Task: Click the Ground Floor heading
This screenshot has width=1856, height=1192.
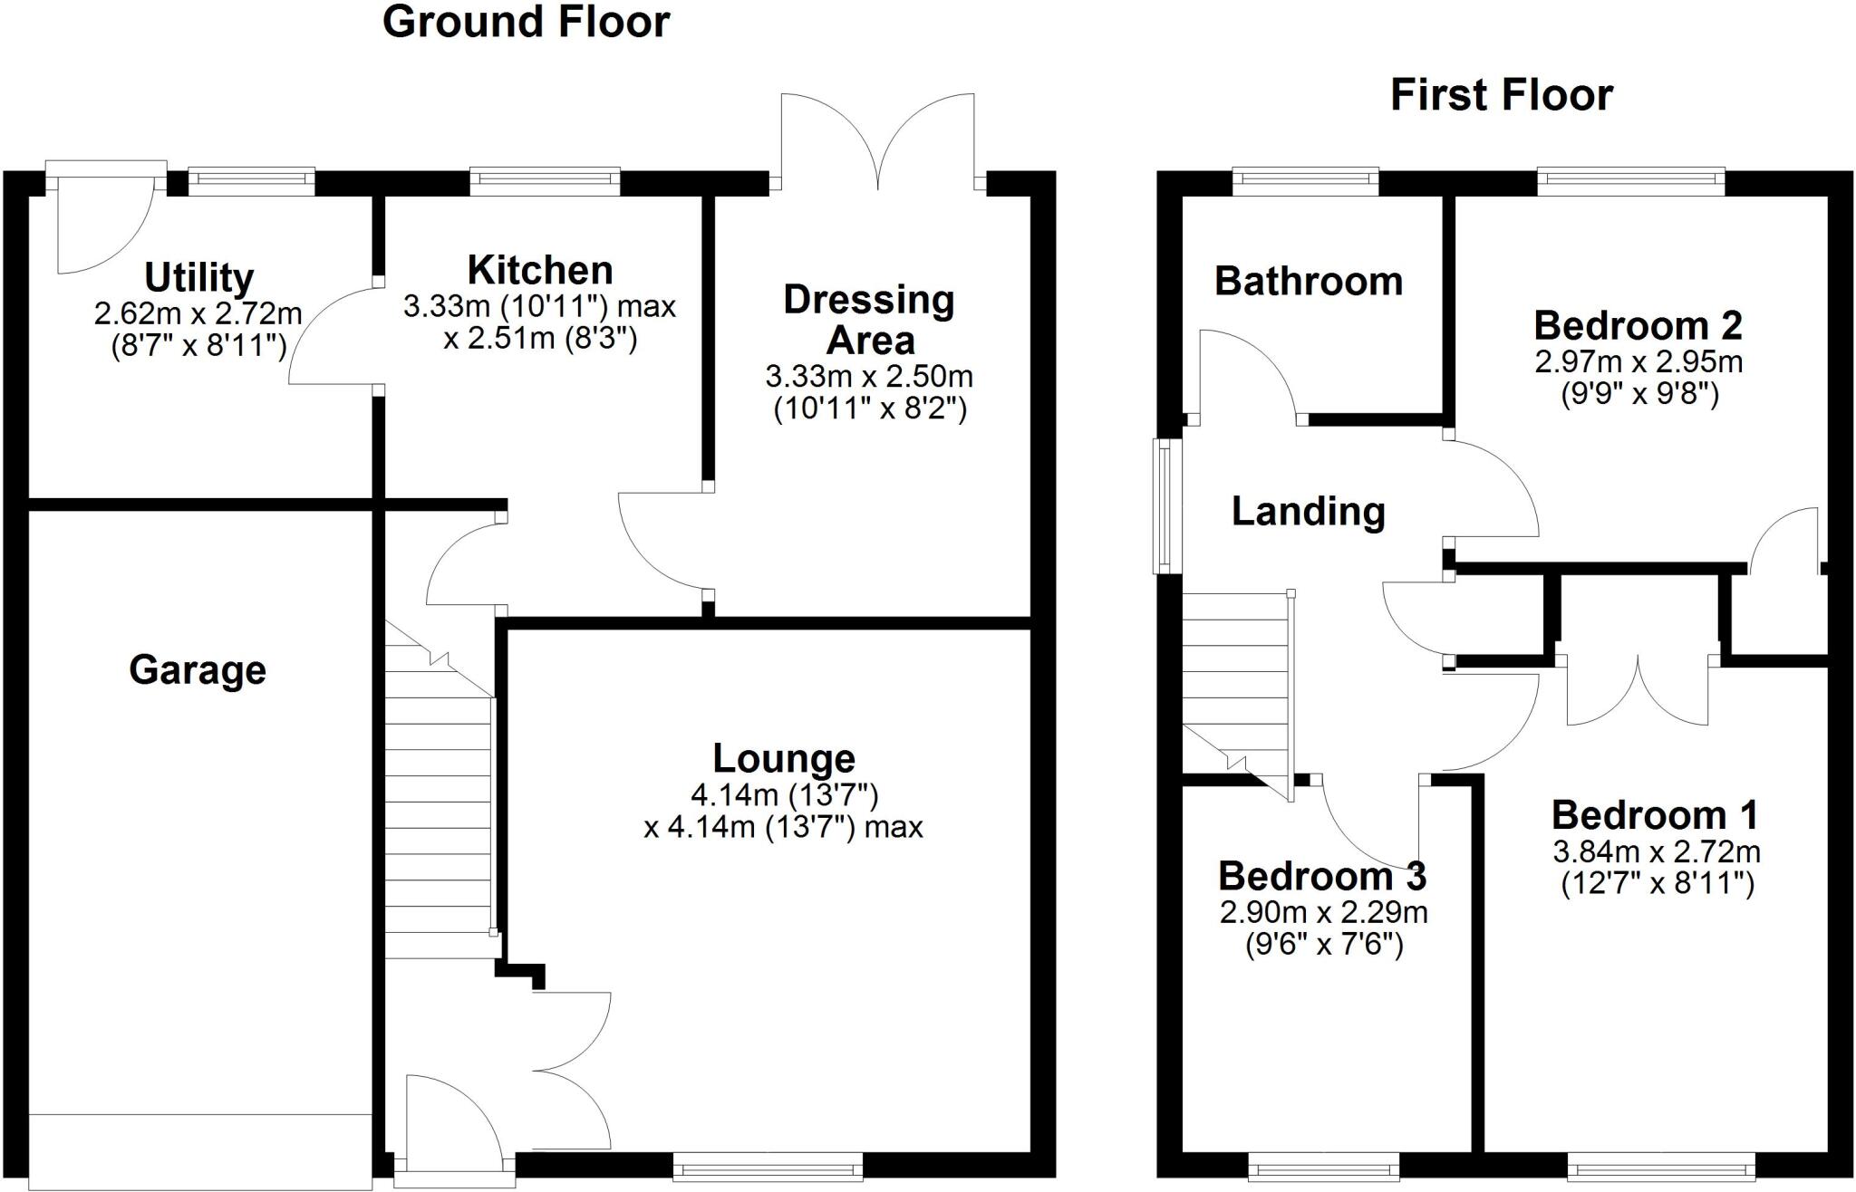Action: coord(526,23)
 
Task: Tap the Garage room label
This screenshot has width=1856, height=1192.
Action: coord(198,671)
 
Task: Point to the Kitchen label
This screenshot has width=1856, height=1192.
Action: coord(540,270)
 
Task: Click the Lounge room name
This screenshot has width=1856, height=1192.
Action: coord(784,758)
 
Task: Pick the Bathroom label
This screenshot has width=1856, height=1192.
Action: coord(1309,282)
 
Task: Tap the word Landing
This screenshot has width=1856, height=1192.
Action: coord(1309,512)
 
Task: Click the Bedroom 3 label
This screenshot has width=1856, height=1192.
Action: coord(1322,876)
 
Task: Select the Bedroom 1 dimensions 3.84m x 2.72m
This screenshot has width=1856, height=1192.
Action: coord(1657,851)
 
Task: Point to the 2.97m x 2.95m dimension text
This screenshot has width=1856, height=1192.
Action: coord(1638,362)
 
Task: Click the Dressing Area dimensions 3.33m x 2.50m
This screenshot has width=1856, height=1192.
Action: coord(869,376)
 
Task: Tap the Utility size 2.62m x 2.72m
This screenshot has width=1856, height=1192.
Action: coord(198,314)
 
